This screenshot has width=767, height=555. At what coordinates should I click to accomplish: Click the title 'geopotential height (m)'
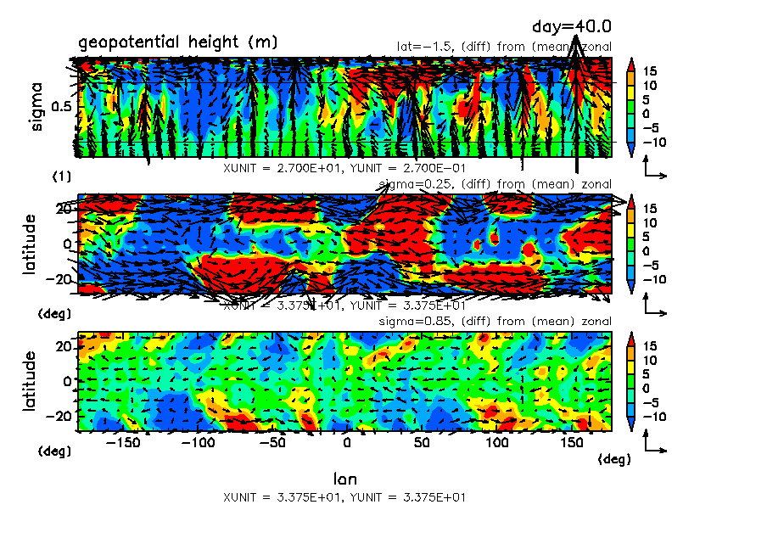pos(177,42)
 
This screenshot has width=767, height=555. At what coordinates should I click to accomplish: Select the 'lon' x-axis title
pos(344,479)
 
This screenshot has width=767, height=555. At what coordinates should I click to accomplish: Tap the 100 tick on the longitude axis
pos(498,443)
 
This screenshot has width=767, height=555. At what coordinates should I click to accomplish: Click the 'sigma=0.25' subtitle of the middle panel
pos(411,184)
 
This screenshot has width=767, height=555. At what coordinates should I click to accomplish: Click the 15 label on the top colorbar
pos(650,70)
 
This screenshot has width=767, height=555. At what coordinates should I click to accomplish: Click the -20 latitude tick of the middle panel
pos(61,279)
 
